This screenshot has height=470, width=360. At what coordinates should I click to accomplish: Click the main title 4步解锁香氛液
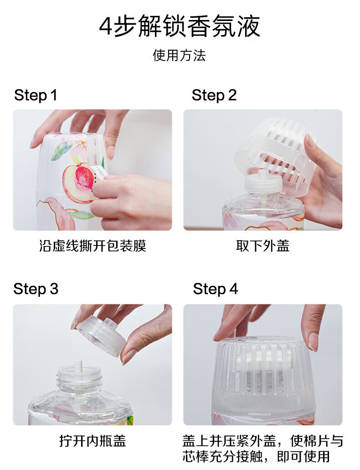[180, 26]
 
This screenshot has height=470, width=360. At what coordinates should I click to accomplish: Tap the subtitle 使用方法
[179, 56]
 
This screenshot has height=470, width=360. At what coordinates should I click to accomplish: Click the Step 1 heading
[36, 95]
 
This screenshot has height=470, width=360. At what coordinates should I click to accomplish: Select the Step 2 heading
[214, 95]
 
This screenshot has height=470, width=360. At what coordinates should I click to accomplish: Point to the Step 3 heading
[36, 289]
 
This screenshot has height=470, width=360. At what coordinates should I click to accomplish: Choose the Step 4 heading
[215, 289]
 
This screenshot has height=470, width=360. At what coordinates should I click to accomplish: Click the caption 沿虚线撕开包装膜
[93, 246]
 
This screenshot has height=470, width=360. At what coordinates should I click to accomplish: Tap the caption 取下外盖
[262, 246]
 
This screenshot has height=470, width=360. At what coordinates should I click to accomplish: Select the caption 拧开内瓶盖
[93, 441]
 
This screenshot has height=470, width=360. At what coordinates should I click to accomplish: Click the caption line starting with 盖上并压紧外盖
[262, 441]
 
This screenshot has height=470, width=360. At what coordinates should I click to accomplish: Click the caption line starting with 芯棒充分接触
[256, 456]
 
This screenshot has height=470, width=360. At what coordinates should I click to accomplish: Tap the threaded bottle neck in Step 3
[79, 379]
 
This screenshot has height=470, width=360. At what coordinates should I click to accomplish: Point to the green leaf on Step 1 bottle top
[61, 151]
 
